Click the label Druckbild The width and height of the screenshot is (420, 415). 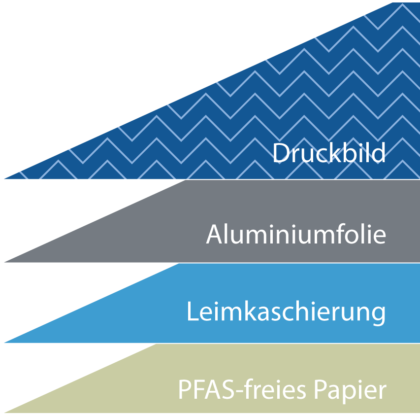tap(329, 153)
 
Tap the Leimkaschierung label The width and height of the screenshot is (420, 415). tap(286, 312)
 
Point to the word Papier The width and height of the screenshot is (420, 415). tap(351, 390)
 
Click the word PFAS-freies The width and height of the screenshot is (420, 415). tap(244, 390)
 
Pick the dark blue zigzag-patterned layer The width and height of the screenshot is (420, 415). tap(295, 99)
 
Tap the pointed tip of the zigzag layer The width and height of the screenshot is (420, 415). tap(5, 177)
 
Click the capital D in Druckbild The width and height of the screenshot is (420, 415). tap(281, 153)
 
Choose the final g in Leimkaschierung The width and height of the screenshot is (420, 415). tap(378, 315)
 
